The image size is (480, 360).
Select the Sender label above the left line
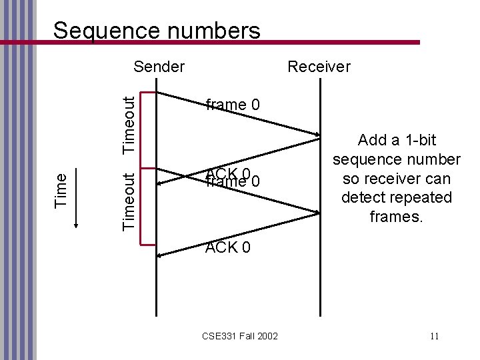pyautogui.click(x=159, y=67)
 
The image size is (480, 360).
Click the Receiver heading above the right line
pyautogui.click(x=318, y=67)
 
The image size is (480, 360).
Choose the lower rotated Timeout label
pyautogui.click(x=132, y=201)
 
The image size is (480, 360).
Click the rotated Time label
pyautogui.click(x=60, y=189)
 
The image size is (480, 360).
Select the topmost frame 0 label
pyautogui.click(x=233, y=105)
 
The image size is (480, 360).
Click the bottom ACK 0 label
pyautogui.click(x=228, y=248)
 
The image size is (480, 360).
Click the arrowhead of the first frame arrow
pyautogui.click(x=317, y=137)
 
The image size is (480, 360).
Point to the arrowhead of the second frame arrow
pyautogui.click(x=317, y=212)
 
